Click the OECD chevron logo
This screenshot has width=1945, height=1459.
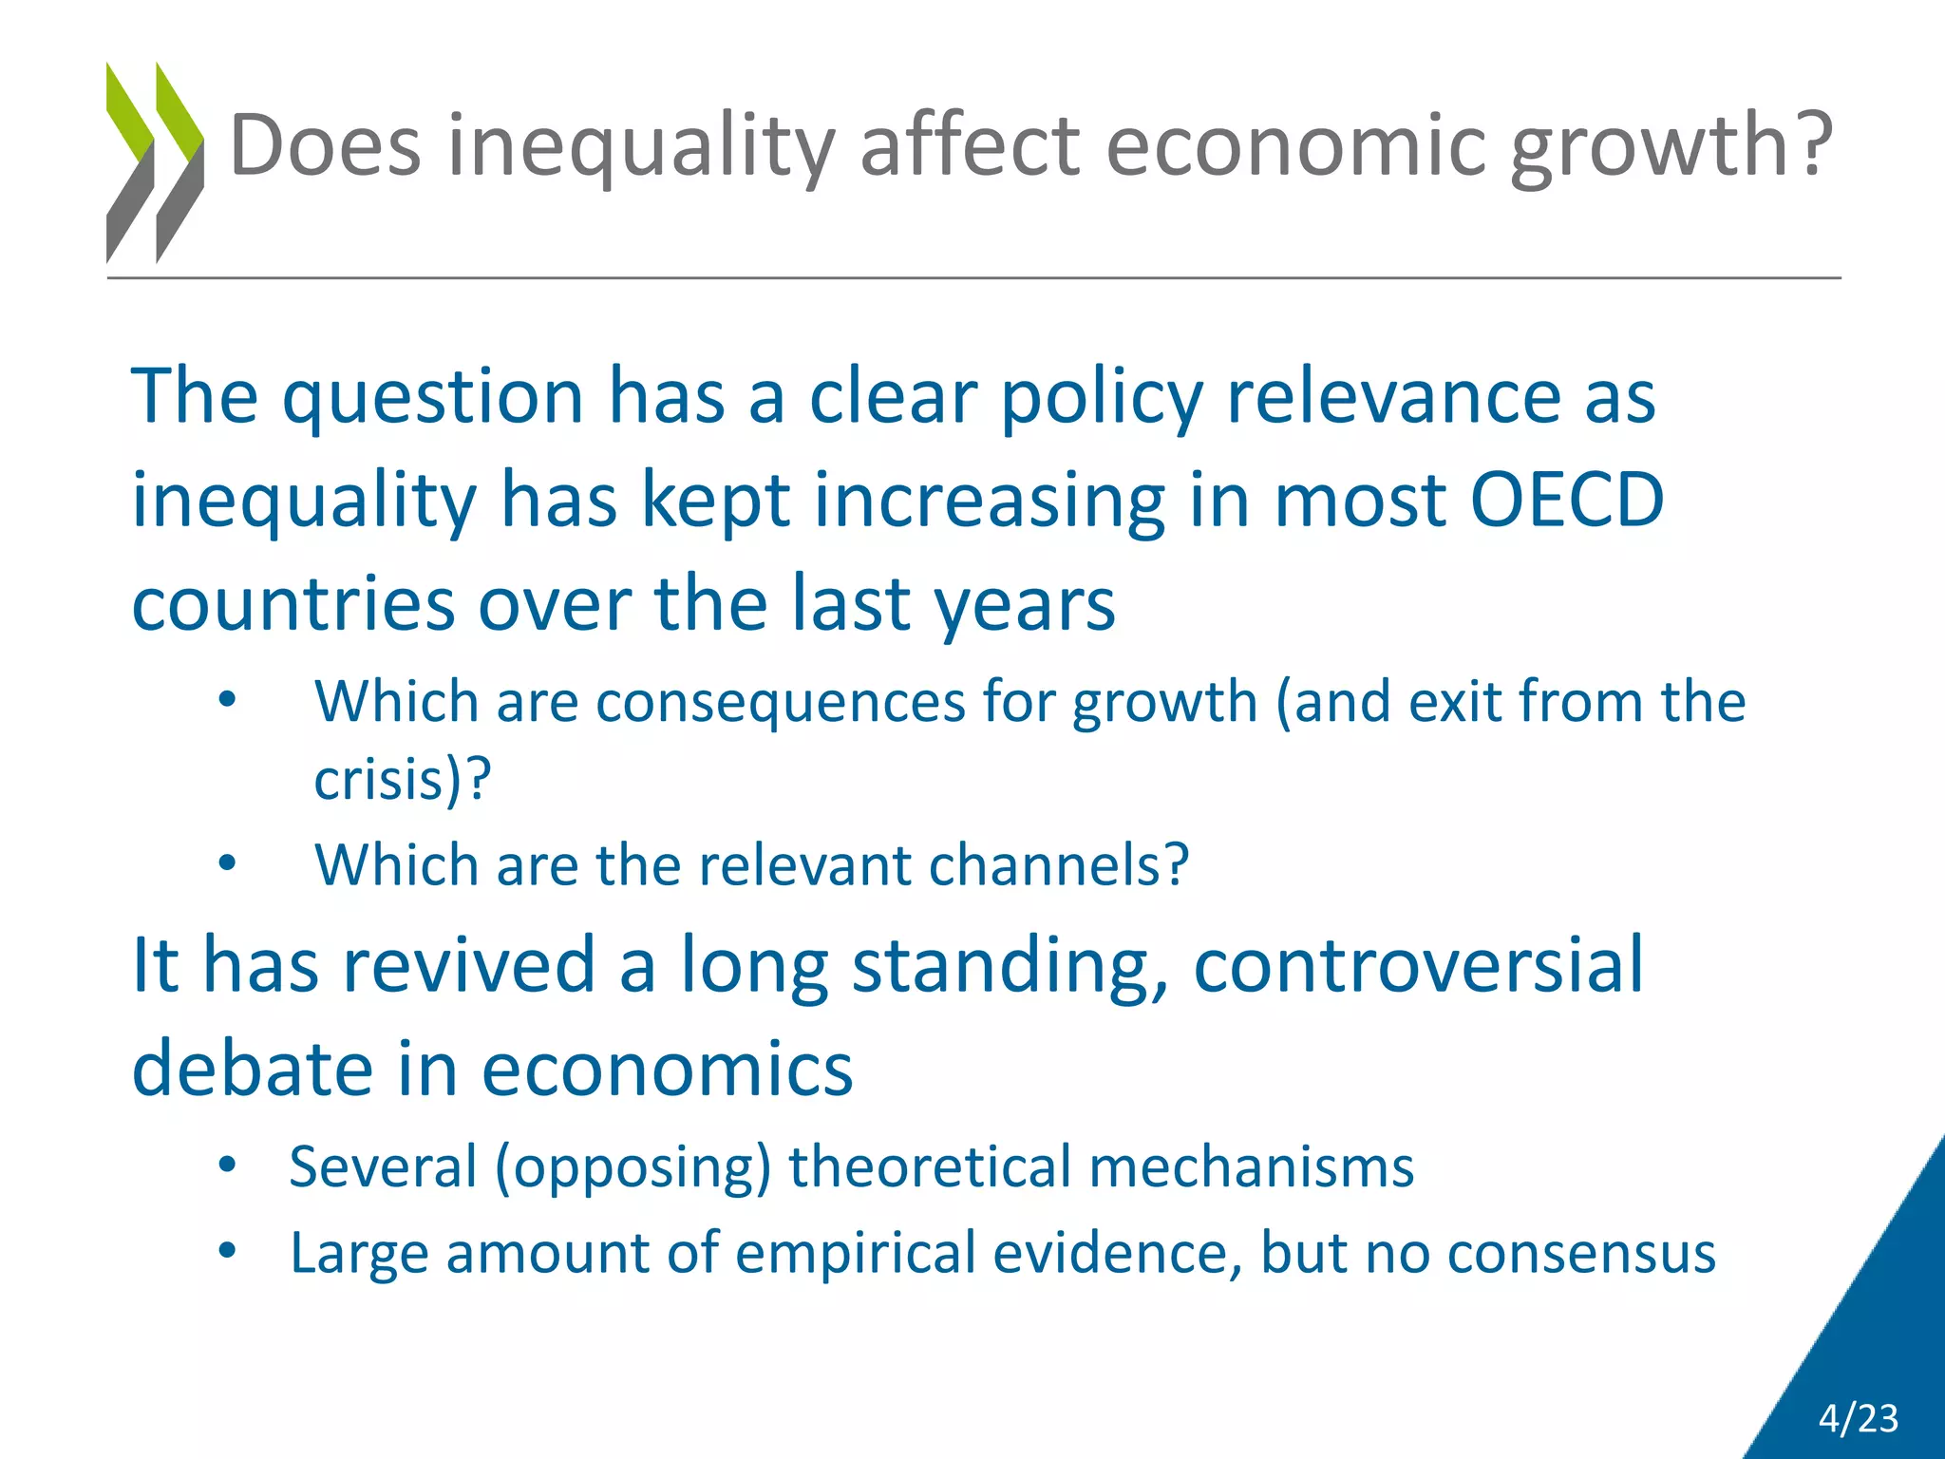pos(155,162)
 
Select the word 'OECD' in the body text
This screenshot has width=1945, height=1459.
pos(1567,501)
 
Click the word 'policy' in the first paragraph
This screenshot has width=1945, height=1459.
pos(1102,397)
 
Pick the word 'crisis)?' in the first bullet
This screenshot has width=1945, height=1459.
pos(403,780)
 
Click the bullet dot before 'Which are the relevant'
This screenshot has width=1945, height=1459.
pos(226,864)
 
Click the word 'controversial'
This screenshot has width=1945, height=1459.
pos(1418,965)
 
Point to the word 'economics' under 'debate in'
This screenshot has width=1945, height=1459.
pos(667,1070)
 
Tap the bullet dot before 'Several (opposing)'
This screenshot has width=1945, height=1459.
pos(226,1165)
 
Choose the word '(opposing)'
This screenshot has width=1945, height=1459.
pos(633,1168)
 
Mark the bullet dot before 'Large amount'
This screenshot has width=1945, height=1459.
pos(226,1252)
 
